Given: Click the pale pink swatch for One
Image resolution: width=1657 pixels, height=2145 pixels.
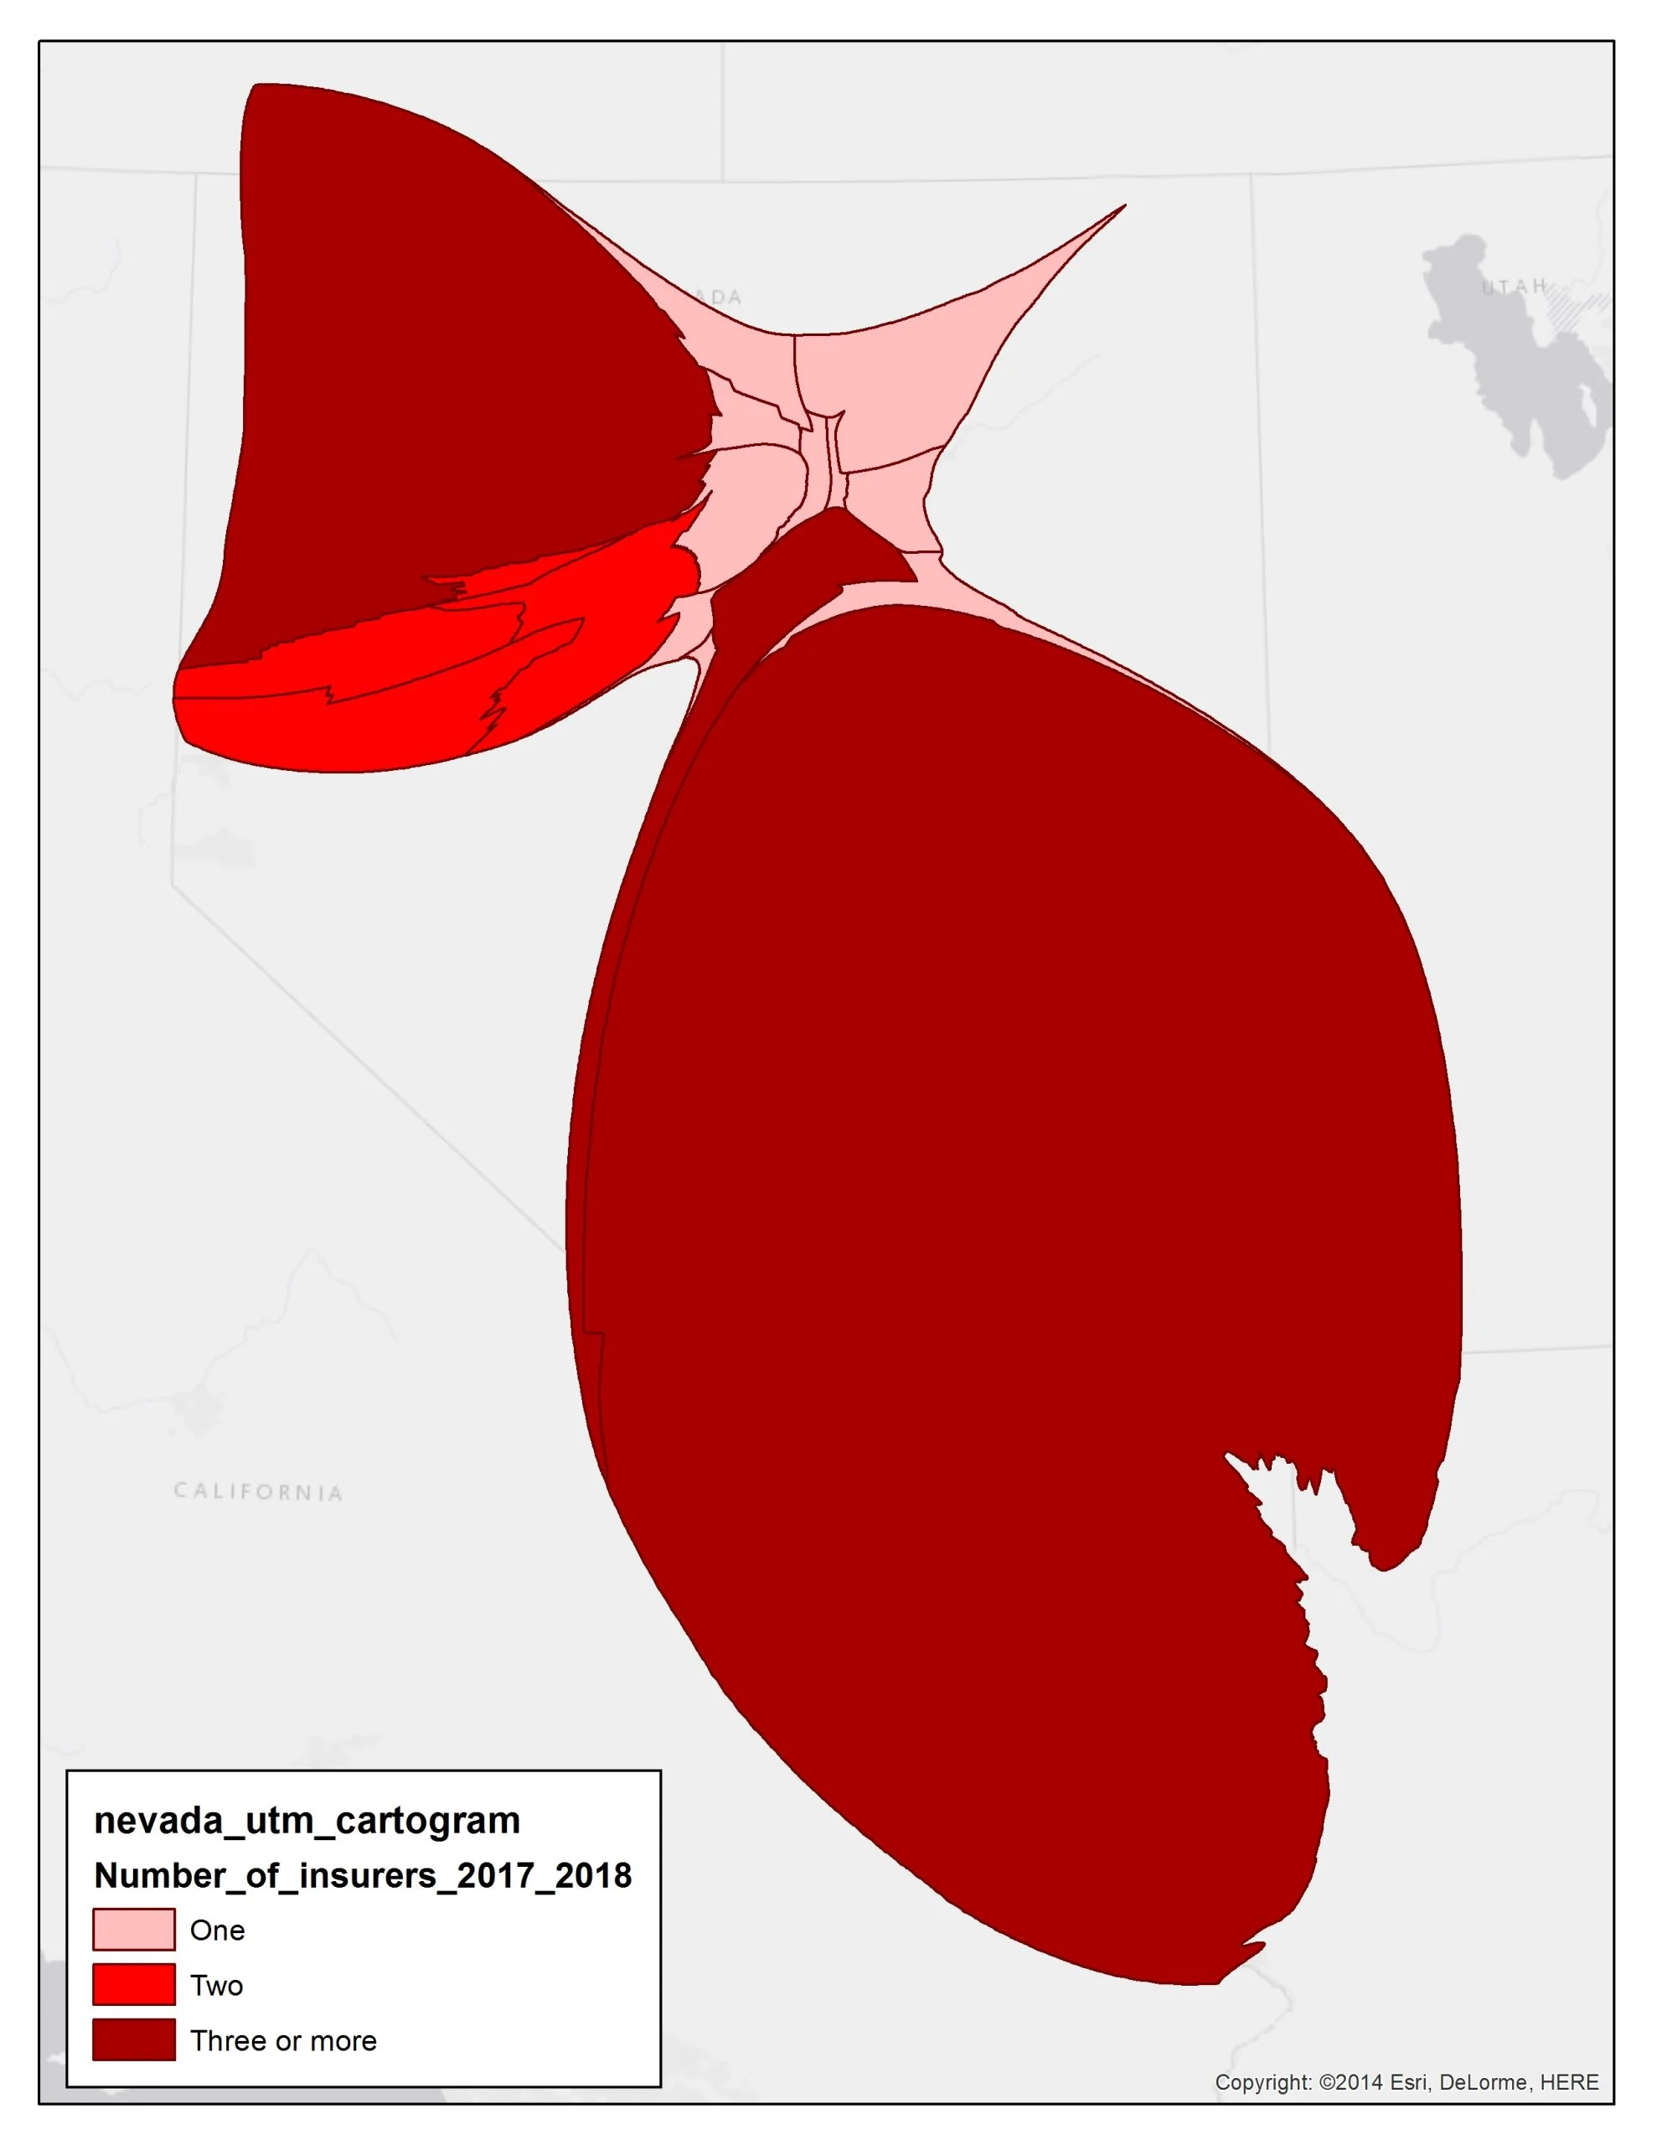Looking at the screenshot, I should pos(133,1929).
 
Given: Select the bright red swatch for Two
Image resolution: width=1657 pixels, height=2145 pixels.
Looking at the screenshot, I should pos(133,1984).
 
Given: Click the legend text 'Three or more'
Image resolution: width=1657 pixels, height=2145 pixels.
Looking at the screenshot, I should pos(283,2040).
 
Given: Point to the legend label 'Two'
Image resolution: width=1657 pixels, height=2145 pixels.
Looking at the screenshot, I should pos(216,1985).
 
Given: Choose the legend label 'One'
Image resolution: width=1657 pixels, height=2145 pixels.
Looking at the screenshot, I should pos(217,1930).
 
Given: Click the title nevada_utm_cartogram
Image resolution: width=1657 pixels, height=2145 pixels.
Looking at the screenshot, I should pos(307,1820).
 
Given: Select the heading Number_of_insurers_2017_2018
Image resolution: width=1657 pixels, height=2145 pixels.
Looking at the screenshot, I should pos(363,1875).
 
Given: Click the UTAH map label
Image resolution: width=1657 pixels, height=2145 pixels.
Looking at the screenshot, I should pos(1514,286).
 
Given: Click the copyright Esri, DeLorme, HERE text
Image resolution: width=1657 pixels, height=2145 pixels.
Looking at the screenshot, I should pos(1406,2081).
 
